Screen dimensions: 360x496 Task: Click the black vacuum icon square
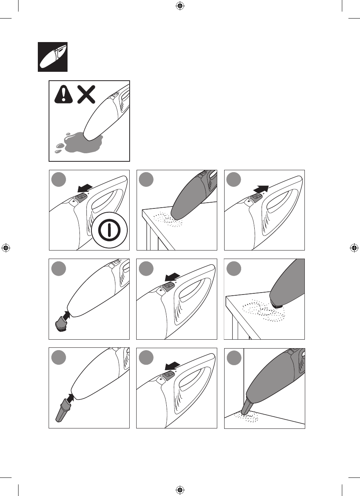[x=52, y=57]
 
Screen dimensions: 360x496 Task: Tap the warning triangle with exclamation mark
[x=63, y=94]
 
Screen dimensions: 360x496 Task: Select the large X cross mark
[x=86, y=94]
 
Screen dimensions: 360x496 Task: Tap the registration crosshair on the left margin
[x=5, y=248]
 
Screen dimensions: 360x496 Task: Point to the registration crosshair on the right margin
[x=354, y=248]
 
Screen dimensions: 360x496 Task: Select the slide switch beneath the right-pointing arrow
[x=255, y=198]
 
